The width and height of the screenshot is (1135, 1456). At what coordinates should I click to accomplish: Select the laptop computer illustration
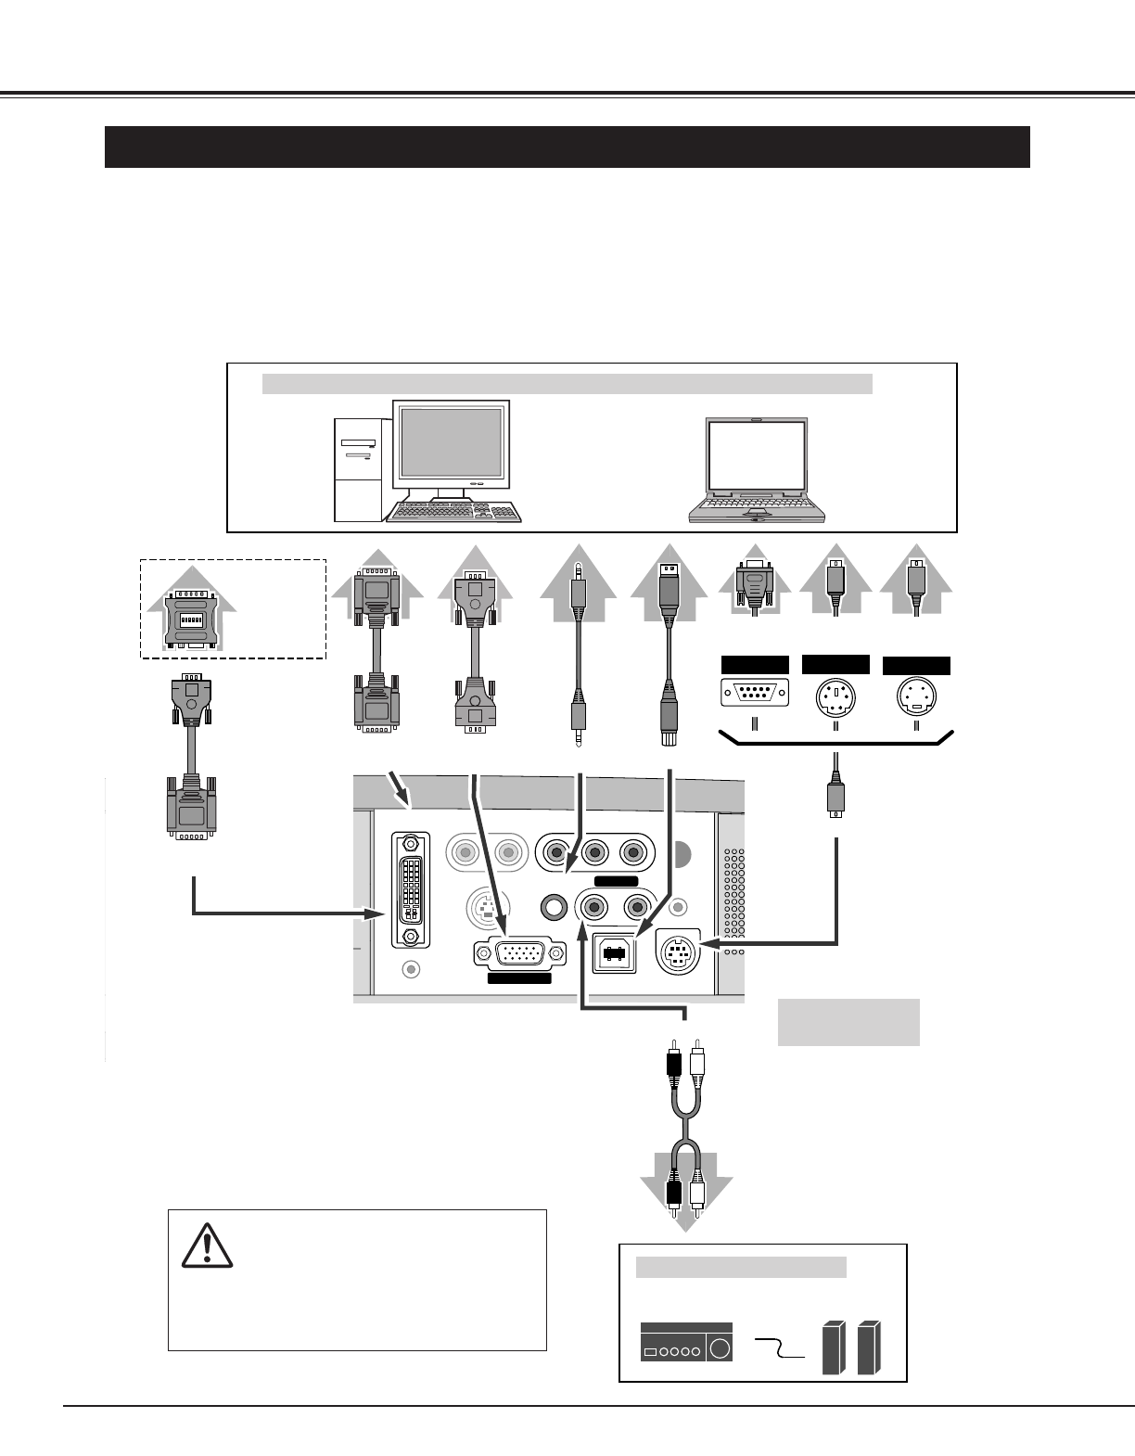pos(758,471)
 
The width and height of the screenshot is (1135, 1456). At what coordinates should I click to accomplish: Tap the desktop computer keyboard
pos(454,513)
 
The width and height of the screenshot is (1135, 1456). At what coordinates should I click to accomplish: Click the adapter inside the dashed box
pos(190,612)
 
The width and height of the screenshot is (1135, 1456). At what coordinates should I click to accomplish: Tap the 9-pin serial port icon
pos(755,694)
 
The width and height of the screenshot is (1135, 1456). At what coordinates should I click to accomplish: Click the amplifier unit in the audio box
pos(686,1342)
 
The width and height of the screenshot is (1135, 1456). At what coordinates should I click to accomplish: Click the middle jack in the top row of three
pos(593,851)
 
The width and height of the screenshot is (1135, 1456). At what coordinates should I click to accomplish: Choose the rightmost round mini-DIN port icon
pos(916,695)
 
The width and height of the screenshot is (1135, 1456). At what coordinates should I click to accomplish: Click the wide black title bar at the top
pos(567,147)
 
